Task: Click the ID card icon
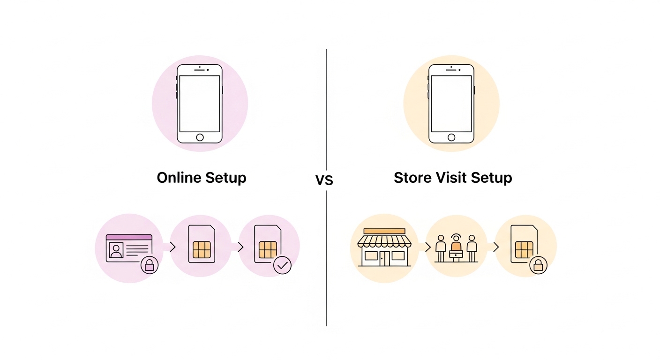point(129,247)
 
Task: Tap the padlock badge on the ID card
point(150,265)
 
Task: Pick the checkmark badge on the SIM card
point(282,265)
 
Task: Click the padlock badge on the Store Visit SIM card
point(538,265)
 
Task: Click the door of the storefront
point(384,258)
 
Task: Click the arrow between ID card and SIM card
point(172,247)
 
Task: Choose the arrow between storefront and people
point(427,247)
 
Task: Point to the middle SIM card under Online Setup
point(202,244)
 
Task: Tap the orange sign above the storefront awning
point(384,231)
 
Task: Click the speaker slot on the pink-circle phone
point(200,70)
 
